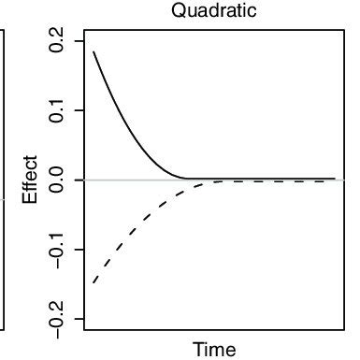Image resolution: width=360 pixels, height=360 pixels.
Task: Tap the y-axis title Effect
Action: pyautogui.click(x=31, y=180)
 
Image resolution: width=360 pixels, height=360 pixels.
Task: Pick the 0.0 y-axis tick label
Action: pyautogui.click(x=58, y=180)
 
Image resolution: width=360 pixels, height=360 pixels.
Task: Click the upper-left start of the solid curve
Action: pyautogui.click(x=94, y=51)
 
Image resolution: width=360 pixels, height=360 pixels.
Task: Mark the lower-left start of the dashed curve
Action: pyautogui.click(x=94, y=282)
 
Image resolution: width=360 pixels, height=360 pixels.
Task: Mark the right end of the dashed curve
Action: pyautogui.click(x=334, y=180)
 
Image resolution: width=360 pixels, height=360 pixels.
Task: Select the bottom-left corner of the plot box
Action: pyautogui.click(x=84, y=329)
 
